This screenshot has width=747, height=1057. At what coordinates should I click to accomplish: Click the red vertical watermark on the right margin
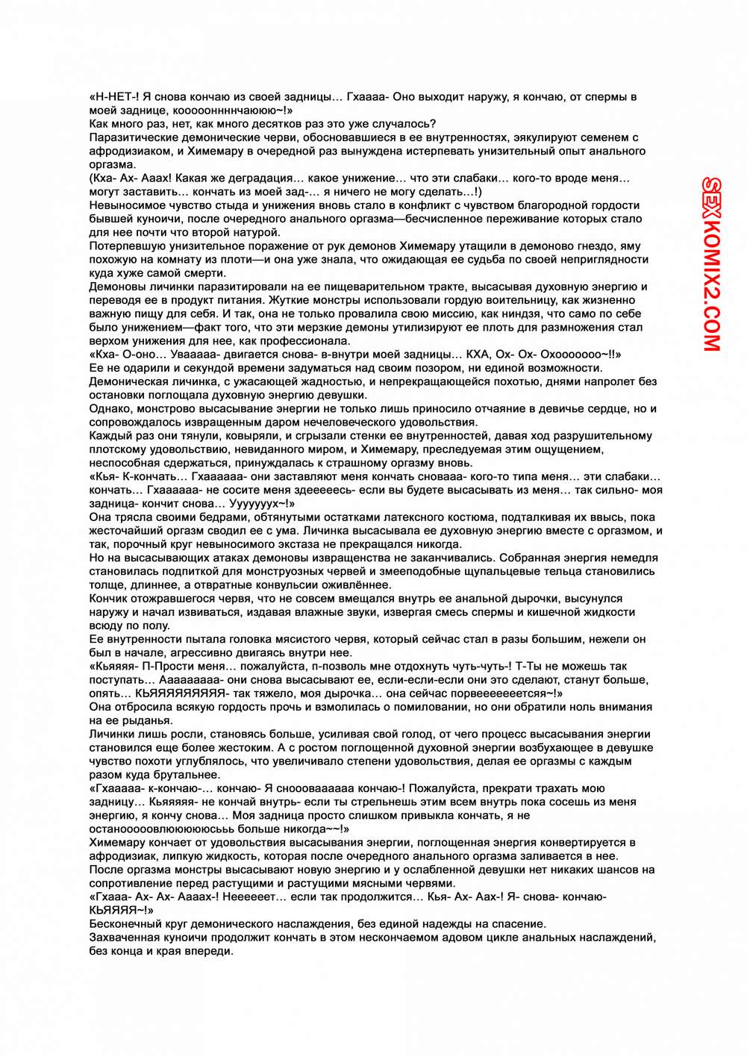(x=711, y=264)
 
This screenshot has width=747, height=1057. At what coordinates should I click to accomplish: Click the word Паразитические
(x=132, y=137)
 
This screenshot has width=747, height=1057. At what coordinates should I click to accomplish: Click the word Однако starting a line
(x=110, y=409)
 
